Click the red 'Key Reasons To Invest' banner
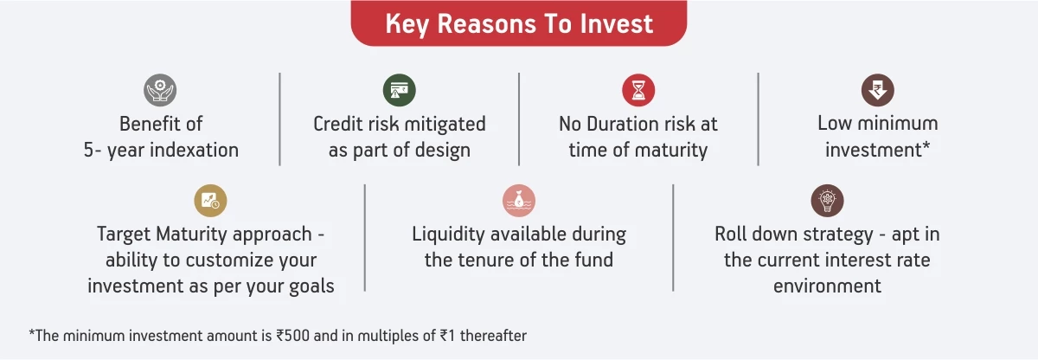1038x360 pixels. [518, 23]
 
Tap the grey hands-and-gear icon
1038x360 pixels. [160, 90]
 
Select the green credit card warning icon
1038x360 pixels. [399, 90]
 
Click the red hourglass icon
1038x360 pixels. [638, 90]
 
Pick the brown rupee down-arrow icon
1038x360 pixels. [877, 90]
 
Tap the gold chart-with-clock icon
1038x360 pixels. [210, 201]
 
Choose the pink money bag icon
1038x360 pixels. [519, 201]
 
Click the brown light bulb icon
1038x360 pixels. [827, 201]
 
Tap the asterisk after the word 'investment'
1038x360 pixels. [926, 145]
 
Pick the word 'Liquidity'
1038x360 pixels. [449, 235]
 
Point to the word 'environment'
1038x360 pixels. [827, 286]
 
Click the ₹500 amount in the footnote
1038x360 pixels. [292, 336]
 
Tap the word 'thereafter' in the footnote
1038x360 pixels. [493, 336]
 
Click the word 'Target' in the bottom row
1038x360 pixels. [123, 235]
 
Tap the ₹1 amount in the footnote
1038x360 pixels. [446, 336]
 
